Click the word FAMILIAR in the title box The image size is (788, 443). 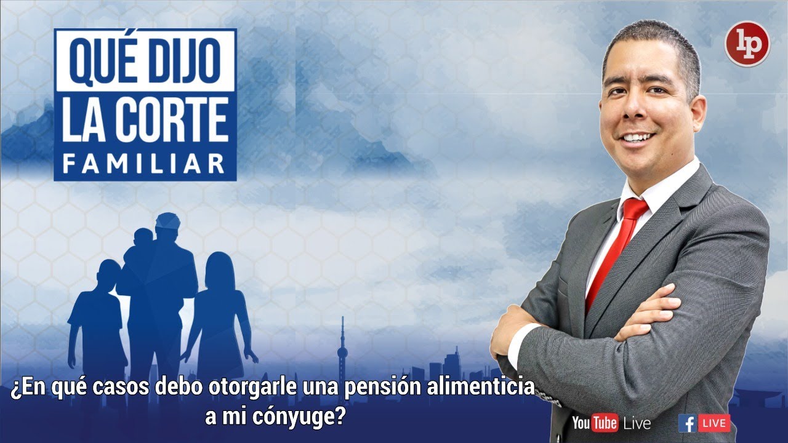[145, 163]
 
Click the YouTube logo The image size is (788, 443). [595, 423]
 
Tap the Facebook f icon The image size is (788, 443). [688, 423]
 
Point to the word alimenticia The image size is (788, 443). [488, 388]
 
